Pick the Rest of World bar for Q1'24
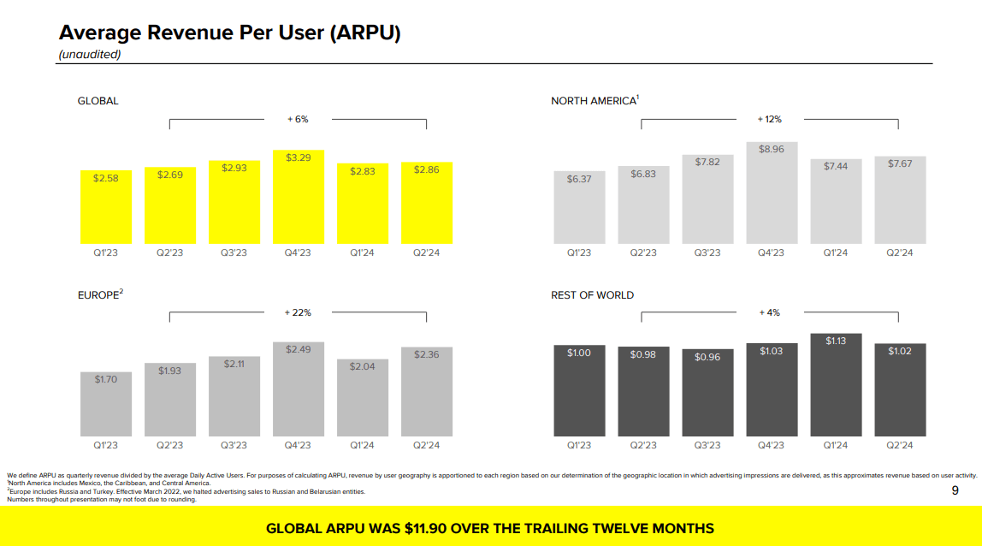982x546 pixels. pos(835,389)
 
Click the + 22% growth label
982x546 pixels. pos(298,313)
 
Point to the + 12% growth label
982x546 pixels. pos(770,120)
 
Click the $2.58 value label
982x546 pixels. pos(106,177)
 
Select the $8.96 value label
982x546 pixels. pos(772,149)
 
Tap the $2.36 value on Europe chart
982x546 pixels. pos(426,354)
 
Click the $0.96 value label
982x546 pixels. pos(707,356)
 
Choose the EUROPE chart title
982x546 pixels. pos(100,295)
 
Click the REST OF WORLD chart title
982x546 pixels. pos(592,295)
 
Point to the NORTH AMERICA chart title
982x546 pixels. pos(595,101)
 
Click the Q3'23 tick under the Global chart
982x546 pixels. pos(234,252)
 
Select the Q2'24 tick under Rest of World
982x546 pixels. pos(899,445)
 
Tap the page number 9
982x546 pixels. pos(955,490)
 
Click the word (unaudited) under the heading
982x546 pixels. pos(89,54)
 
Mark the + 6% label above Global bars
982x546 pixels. pos(298,120)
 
